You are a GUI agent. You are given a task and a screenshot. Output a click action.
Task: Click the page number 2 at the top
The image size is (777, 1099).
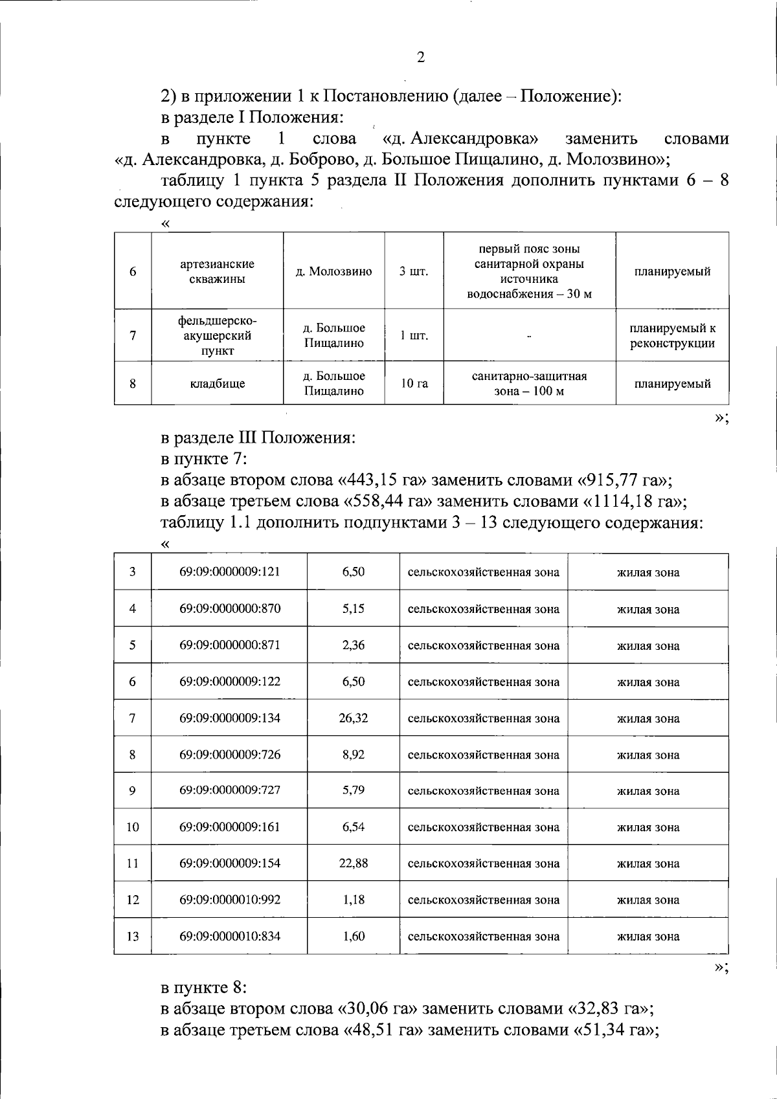421,58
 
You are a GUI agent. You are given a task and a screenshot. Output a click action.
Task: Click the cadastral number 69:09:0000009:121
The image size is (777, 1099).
230,572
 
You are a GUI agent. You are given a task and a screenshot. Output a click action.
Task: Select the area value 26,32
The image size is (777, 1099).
353,718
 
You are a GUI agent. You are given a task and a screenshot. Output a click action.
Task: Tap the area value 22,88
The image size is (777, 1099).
353,863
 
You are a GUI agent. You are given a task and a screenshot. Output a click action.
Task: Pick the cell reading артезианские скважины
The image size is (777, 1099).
217,271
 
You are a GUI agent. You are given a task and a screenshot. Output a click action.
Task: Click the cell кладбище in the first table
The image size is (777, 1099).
217,383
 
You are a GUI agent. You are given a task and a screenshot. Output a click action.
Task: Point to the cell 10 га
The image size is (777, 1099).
414,383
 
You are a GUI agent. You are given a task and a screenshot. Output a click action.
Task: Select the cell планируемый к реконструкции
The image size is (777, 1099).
672,336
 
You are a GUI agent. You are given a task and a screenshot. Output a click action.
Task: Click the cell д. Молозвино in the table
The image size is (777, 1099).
334,271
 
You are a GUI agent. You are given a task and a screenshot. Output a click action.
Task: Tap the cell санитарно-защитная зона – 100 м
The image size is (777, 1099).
529,383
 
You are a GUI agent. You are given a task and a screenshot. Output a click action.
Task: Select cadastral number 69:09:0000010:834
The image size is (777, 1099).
230,936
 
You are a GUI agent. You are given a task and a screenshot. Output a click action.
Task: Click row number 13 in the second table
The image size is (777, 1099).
132,936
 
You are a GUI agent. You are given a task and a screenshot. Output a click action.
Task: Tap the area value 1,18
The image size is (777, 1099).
353,900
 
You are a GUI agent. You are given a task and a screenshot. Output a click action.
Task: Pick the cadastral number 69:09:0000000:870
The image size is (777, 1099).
230,608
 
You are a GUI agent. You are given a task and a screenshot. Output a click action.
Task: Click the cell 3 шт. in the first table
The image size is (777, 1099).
414,271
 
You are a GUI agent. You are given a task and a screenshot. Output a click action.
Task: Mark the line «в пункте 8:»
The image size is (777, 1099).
204,987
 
